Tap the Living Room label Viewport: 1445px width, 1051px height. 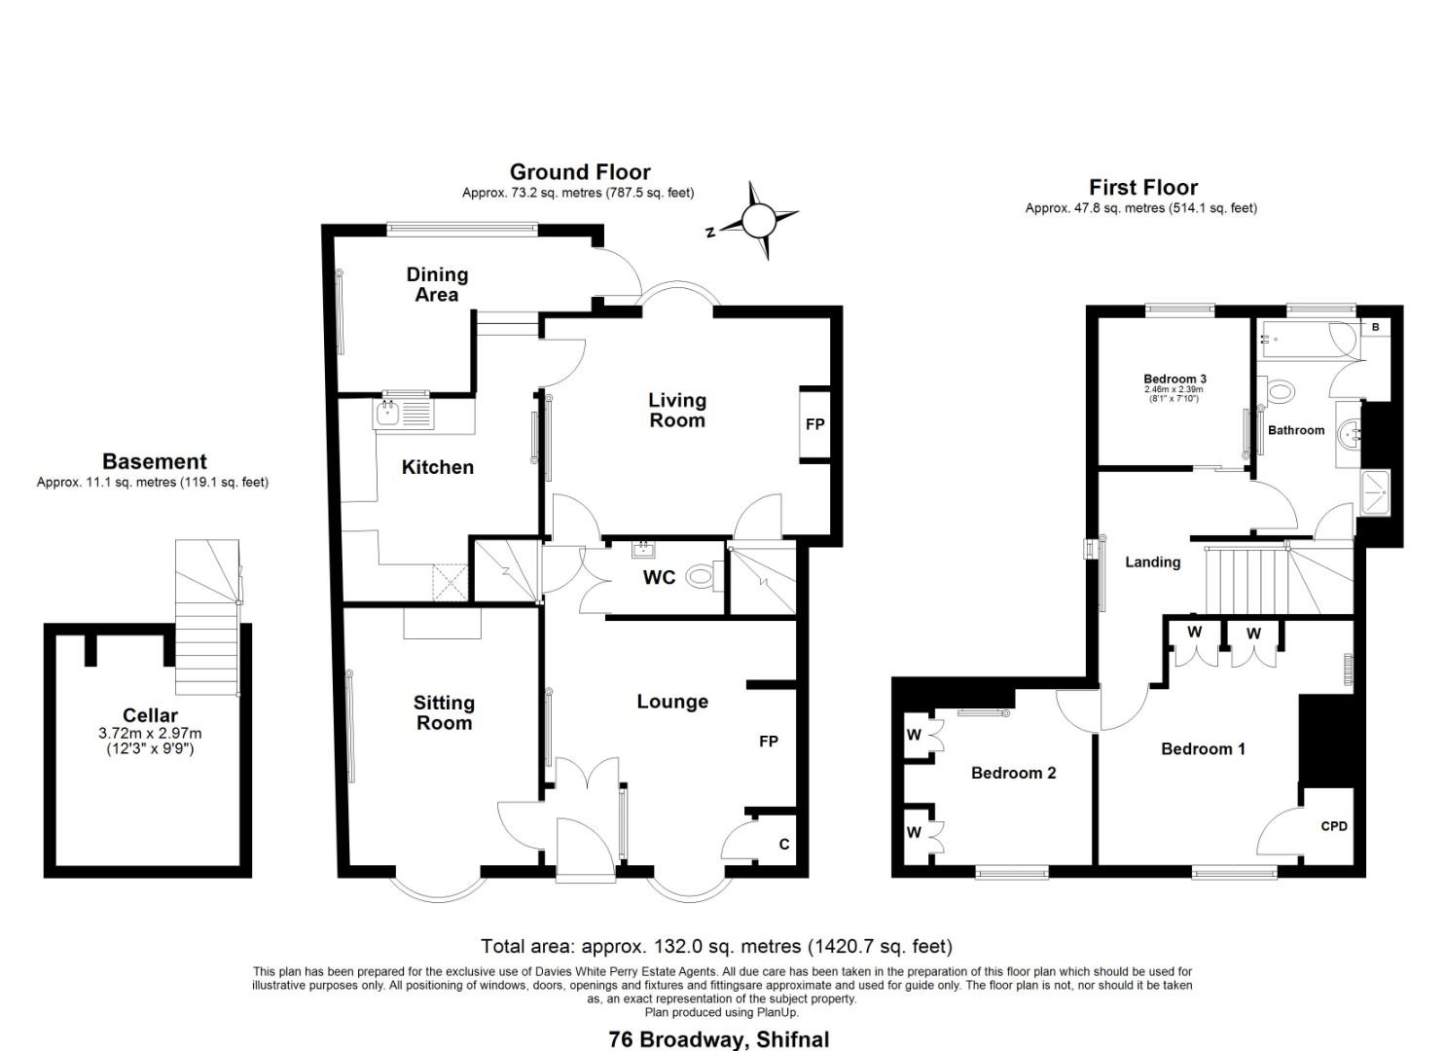click(x=677, y=411)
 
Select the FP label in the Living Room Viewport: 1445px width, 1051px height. click(x=815, y=424)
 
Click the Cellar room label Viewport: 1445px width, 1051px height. click(x=150, y=715)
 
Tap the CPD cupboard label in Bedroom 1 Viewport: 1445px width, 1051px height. click(x=1334, y=826)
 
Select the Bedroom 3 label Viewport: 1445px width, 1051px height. click(x=1174, y=379)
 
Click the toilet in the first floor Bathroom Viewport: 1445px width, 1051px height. click(x=1278, y=391)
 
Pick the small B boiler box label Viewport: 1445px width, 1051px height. click(x=1375, y=327)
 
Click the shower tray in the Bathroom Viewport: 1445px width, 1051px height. click(x=1375, y=493)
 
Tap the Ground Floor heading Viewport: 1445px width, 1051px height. click(x=580, y=172)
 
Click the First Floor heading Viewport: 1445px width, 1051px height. click(x=1143, y=187)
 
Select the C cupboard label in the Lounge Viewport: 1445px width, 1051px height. click(x=783, y=844)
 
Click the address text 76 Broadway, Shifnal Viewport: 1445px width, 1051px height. click(x=719, y=1039)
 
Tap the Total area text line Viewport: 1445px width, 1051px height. click(x=716, y=947)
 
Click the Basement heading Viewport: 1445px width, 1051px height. click(x=155, y=461)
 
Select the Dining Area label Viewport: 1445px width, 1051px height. click(x=437, y=284)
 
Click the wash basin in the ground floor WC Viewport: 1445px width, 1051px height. click(x=643, y=550)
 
